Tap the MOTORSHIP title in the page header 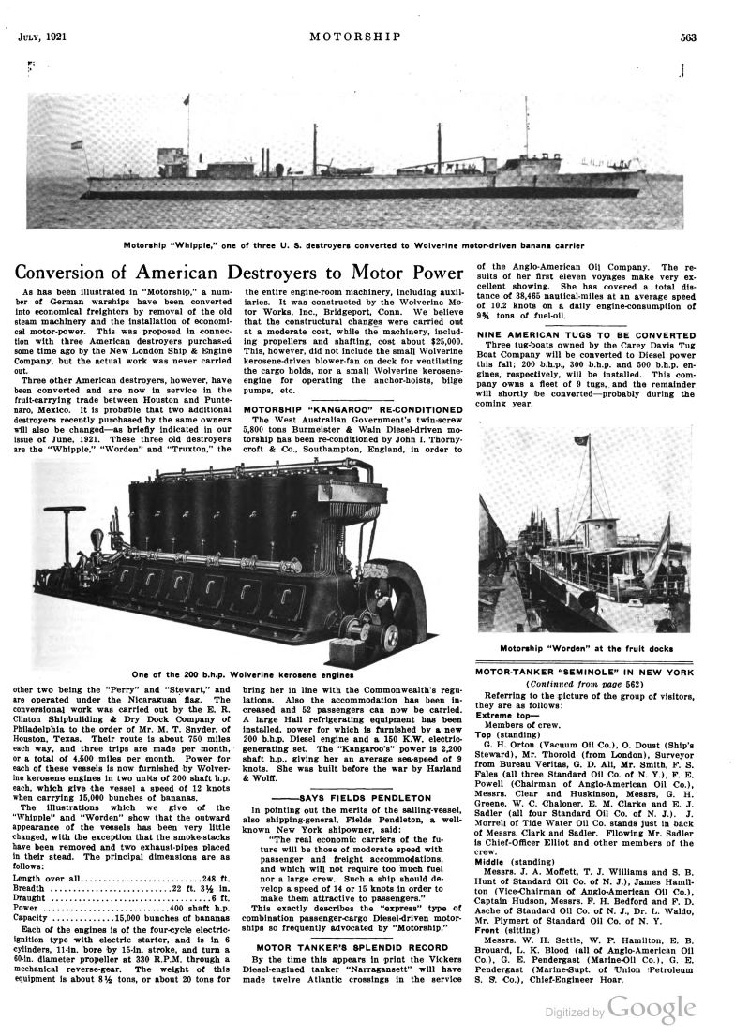(x=360, y=37)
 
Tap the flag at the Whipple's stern (x=77, y=146)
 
